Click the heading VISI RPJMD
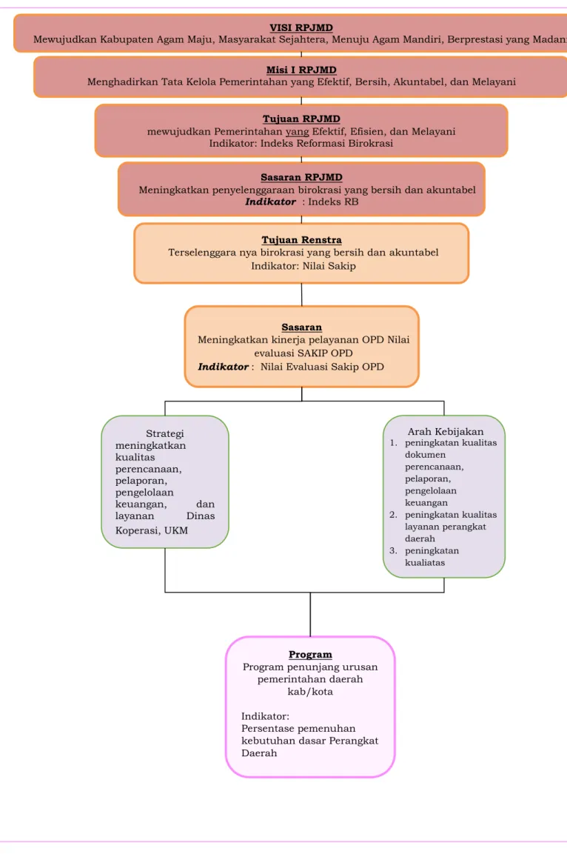pyautogui.click(x=301, y=27)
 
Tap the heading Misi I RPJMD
pyautogui.click(x=301, y=70)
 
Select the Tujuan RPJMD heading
pyautogui.click(x=301, y=119)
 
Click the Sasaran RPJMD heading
pyautogui.click(x=301, y=177)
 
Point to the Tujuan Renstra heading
pyautogui.click(x=301, y=240)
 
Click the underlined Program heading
pyautogui.click(x=310, y=654)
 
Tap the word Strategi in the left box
pyautogui.click(x=165, y=433)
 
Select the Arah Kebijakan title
pyautogui.click(x=445, y=431)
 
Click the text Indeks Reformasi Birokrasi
pyautogui.click(x=326, y=143)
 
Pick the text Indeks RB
pyautogui.click(x=333, y=201)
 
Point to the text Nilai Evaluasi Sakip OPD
pyautogui.click(x=322, y=367)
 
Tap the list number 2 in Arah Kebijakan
pyautogui.click(x=393, y=515)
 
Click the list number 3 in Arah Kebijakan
pyautogui.click(x=393, y=550)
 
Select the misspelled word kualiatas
pyautogui.click(x=424, y=563)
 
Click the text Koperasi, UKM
pyautogui.click(x=151, y=530)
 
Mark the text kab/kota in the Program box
pyautogui.click(x=310, y=692)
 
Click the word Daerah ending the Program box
pyautogui.click(x=259, y=753)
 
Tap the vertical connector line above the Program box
pyautogui.click(x=310, y=614)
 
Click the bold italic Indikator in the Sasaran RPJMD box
pyautogui.click(x=270, y=201)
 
